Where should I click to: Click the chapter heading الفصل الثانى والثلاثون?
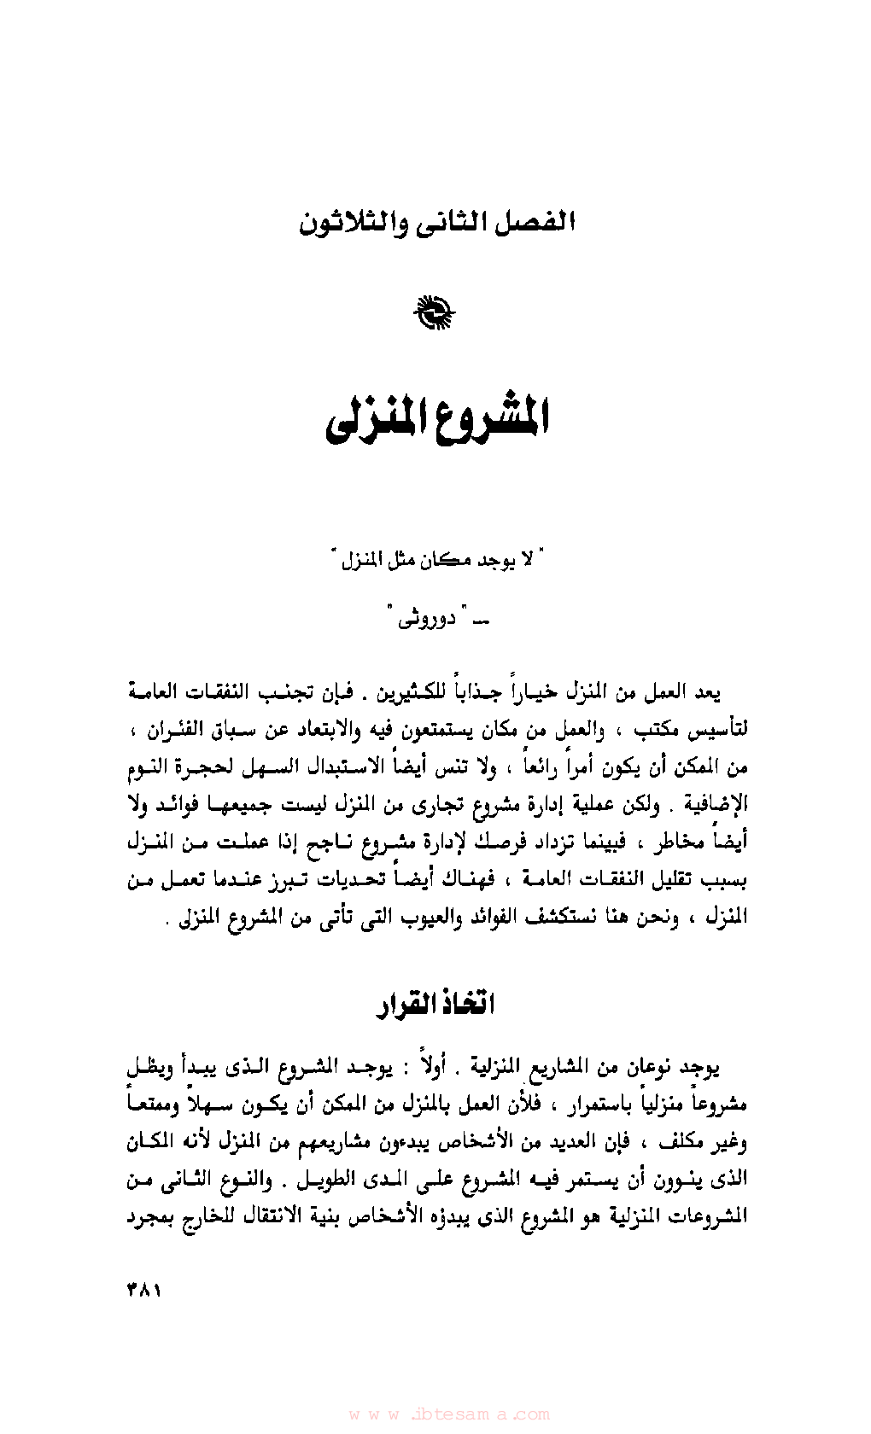436,224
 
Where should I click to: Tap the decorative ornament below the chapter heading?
435,313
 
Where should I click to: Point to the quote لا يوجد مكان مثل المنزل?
436,561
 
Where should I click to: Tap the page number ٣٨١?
144,1290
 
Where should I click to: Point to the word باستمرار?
593,1105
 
